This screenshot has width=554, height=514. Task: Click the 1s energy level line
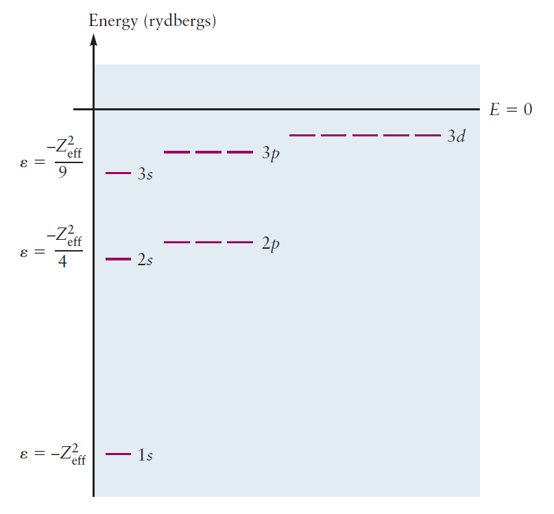click(x=118, y=454)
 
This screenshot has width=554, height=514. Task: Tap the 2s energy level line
click(x=118, y=259)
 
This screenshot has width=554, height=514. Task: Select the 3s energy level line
click(x=118, y=173)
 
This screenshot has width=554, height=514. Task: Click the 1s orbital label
click(x=145, y=455)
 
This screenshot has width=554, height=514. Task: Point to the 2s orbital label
click(x=145, y=260)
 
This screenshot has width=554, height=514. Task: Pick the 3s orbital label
click(x=145, y=175)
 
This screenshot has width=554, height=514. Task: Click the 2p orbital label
click(x=271, y=244)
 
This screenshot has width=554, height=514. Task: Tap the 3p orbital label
click(x=271, y=154)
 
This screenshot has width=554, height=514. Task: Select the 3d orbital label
click(x=456, y=136)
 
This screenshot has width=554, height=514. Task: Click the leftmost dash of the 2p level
click(x=177, y=242)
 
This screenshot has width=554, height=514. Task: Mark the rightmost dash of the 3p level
click(x=240, y=151)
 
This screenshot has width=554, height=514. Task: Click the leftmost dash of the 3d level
click(x=302, y=136)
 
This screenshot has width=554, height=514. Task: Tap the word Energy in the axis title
click(x=113, y=21)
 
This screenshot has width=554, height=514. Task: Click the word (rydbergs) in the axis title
click(x=180, y=22)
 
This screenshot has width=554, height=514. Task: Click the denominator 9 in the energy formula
click(x=62, y=173)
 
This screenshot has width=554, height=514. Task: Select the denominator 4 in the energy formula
click(x=62, y=261)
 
